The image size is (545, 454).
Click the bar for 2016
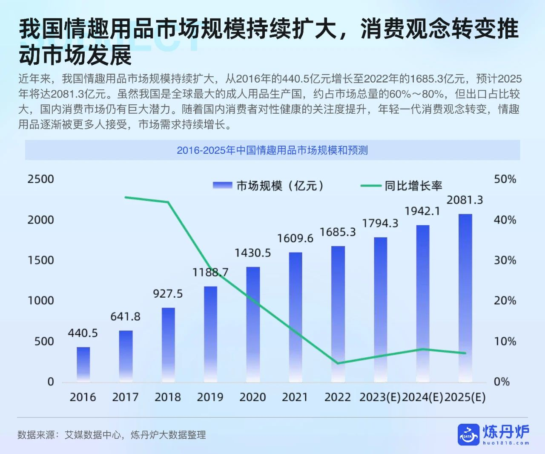pos(83,364)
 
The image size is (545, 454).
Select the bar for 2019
pos(210,334)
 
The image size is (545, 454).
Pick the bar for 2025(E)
pos(465,298)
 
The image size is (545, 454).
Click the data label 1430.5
pos(252,253)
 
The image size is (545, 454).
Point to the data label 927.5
pos(168,294)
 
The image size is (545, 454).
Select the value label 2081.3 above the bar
pos(465,200)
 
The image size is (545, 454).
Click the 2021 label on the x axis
pos(295,397)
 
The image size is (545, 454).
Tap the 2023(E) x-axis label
pos(380,397)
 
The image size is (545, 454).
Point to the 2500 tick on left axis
pos(41,179)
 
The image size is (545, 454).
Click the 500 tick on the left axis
pos(44,342)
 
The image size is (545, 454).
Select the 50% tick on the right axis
pos(505,179)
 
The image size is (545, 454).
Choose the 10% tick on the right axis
pos(505,342)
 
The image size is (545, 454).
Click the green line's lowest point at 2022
pos(338,363)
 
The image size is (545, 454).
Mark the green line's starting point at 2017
pos(126,197)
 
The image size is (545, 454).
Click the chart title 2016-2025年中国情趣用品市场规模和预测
pos(272,150)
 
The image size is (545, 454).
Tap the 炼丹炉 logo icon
pos(468,434)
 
